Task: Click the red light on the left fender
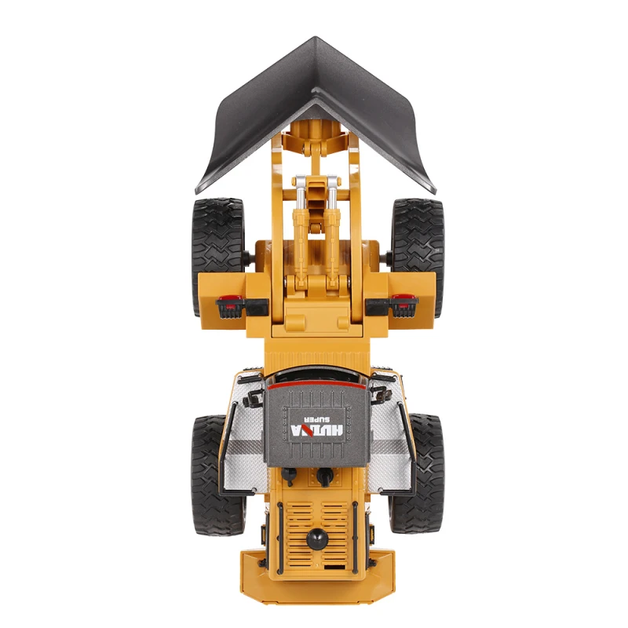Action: coord(231,298)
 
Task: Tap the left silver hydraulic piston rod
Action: coord(298,193)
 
